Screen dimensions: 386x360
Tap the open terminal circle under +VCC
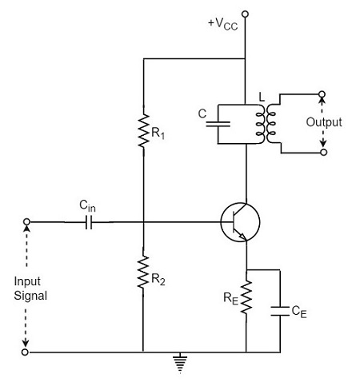click(245, 14)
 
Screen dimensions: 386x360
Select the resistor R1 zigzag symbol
click(142, 131)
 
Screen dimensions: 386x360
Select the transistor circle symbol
click(240, 222)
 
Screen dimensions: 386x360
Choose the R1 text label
click(160, 135)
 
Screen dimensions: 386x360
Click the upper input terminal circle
click(27, 222)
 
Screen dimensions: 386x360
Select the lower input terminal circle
click(27, 352)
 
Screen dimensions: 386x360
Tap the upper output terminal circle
click(323, 94)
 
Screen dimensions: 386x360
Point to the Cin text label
click(89, 206)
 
